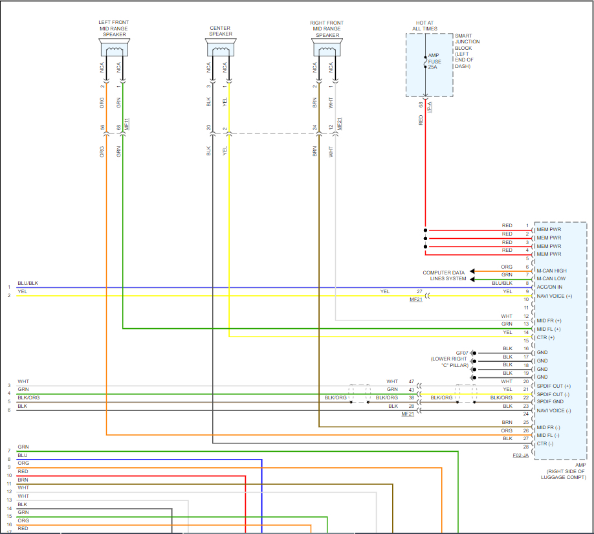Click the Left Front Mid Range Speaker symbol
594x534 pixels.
pyautogui.click(x=115, y=47)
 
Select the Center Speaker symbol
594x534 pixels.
pyautogui.click(x=221, y=47)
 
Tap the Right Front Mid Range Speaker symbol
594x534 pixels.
pyautogui.click(x=327, y=47)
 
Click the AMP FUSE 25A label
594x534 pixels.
pyautogui.click(x=435, y=61)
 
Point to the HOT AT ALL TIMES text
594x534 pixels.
pyautogui.click(x=424, y=26)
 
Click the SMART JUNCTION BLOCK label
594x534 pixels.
pyautogui.click(x=467, y=41)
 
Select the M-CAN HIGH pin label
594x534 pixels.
pyautogui.click(x=551, y=271)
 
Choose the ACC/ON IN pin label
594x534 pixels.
pyautogui.click(x=549, y=287)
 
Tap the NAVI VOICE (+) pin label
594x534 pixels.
pyautogui.click(x=555, y=296)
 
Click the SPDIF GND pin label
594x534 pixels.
pyautogui.click(x=550, y=401)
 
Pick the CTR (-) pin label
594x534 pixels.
pyautogui.click(x=545, y=443)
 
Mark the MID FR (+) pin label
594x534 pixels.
pyautogui.click(x=549, y=320)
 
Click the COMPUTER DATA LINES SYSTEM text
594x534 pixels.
pyautogui.click(x=444, y=276)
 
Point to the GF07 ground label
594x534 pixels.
pyautogui.click(x=462, y=353)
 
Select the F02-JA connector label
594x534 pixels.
pyautogui.click(x=520, y=455)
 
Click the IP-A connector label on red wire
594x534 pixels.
pyautogui.click(x=430, y=107)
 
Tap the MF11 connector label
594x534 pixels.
pyautogui.click(x=127, y=124)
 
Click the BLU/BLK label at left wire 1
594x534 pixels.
pyautogui.click(x=28, y=283)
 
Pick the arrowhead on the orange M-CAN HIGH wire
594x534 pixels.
pyautogui.click(x=472, y=271)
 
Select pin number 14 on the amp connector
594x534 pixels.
pyautogui.click(x=526, y=333)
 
